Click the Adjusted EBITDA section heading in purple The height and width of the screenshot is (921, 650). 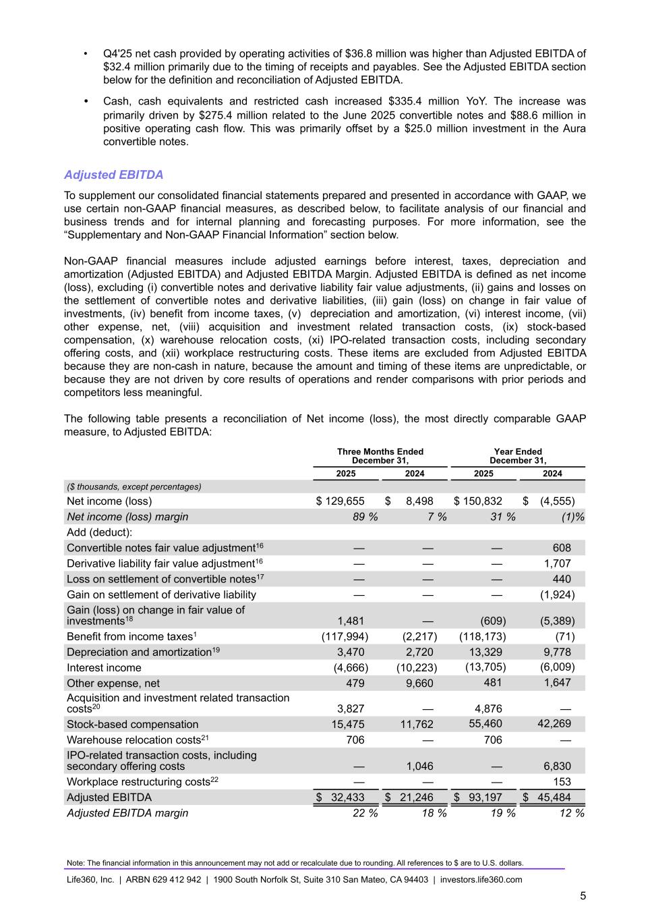tap(113, 175)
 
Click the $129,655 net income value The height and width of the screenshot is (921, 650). tap(341, 501)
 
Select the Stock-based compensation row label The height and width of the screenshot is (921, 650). tap(132, 725)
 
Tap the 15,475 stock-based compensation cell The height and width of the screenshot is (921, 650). tap(350, 725)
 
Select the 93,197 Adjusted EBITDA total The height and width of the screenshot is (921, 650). tap(486, 798)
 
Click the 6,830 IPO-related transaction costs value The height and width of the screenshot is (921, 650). tap(557, 766)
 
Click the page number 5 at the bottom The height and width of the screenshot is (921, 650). tap(583, 896)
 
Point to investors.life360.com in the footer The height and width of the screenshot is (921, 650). tap(481, 880)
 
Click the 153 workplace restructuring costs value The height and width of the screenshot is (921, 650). tap(561, 782)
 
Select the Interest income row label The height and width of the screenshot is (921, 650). tap(104, 668)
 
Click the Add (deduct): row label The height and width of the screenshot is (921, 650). tap(99, 532)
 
